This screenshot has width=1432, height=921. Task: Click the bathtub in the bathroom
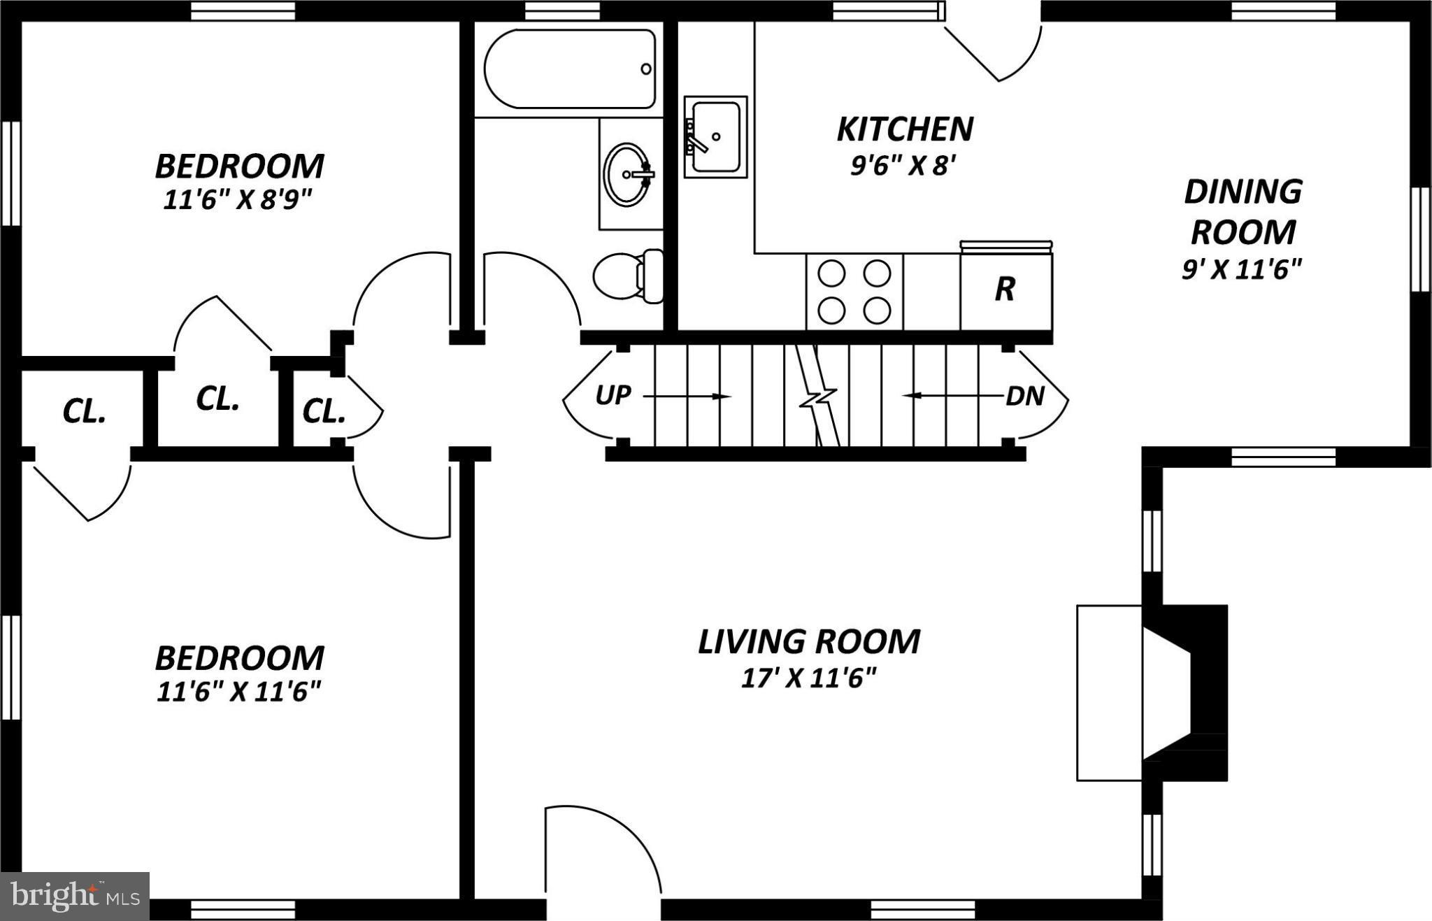(570, 69)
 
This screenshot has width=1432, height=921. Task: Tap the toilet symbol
(628, 276)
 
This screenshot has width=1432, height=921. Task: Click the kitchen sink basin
(715, 136)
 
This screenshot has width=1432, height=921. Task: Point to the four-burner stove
(854, 292)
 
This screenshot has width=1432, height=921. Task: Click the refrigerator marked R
(1005, 289)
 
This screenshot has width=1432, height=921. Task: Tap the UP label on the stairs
(613, 396)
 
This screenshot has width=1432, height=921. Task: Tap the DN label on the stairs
(1024, 397)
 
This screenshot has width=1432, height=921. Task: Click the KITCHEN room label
(905, 129)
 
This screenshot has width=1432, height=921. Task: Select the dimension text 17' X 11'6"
(808, 678)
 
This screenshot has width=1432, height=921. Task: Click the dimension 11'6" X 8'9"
(237, 201)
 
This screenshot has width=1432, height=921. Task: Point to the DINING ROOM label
(1243, 212)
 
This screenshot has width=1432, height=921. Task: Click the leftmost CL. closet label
(84, 412)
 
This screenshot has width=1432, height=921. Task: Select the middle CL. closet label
(217, 399)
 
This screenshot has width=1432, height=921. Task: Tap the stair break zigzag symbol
(819, 399)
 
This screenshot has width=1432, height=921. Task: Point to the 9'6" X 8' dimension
(902, 166)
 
